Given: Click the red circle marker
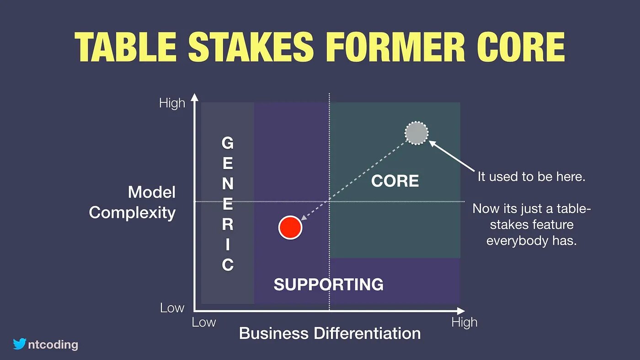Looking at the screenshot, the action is point(290,228).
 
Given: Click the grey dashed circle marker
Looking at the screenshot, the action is point(416,133).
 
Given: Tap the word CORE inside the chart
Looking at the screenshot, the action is point(395,181).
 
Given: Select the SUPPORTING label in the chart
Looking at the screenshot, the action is point(329,284).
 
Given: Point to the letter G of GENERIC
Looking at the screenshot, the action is point(228,143).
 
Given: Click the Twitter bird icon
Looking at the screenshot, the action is point(19,344).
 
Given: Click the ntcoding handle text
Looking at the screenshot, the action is point(53,344).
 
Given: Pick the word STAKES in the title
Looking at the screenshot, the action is point(251,47).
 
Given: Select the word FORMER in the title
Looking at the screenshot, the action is point(395,47).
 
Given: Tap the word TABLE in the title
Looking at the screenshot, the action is point(126,47).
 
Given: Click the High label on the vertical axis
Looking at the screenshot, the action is point(172,103).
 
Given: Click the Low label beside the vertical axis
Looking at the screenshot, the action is point(172,308).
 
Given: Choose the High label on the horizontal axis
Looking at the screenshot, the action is point(464,323).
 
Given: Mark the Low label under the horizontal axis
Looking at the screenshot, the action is point(204,323).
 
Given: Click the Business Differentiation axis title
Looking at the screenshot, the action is point(330,333).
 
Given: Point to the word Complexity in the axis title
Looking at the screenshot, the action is point(132,213).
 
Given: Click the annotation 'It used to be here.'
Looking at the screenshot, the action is point(531,177).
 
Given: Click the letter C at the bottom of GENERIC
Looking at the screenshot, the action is point(228,265).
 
